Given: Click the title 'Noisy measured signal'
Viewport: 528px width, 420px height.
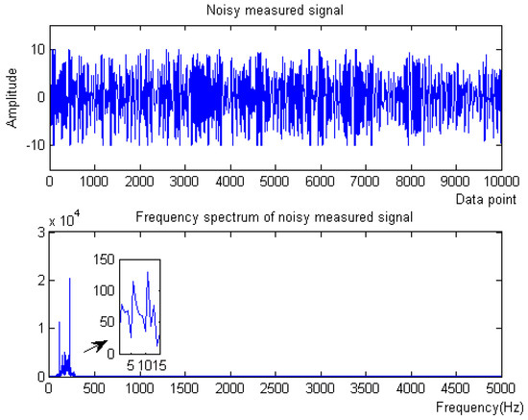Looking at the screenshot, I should pos(275,10).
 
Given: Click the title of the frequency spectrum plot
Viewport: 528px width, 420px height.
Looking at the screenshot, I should pos(275,216).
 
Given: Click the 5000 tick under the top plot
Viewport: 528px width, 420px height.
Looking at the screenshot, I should pos(275,180).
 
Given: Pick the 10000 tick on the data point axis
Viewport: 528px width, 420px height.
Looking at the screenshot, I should pos(497,180).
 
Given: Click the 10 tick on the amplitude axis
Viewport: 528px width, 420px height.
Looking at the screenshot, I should pos(36,48).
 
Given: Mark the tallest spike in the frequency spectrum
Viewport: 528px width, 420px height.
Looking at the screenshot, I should pos(70,280).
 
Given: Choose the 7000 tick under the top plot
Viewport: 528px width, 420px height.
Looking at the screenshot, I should pos(366,180).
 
